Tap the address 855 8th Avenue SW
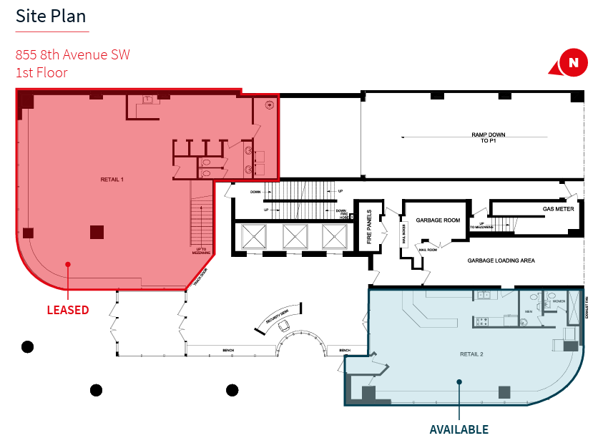[x=73, y=55]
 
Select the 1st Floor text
[x=41, y=72]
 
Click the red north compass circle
[x=573, y=62]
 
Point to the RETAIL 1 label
[x=112, y=180]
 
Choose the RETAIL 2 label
[x=472, y=354]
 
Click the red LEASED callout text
[x=68, y=310]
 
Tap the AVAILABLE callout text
[x=459, y=429]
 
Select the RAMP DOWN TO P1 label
[x=489, y=138]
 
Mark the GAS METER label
[x=557, y=210]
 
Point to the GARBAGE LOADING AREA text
[x=501, y=261]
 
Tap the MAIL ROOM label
[x=428, y=250]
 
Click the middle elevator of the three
[x=295, y=236]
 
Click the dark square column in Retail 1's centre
[x=97, y=231]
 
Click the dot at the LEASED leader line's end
[x=68, y=264]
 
